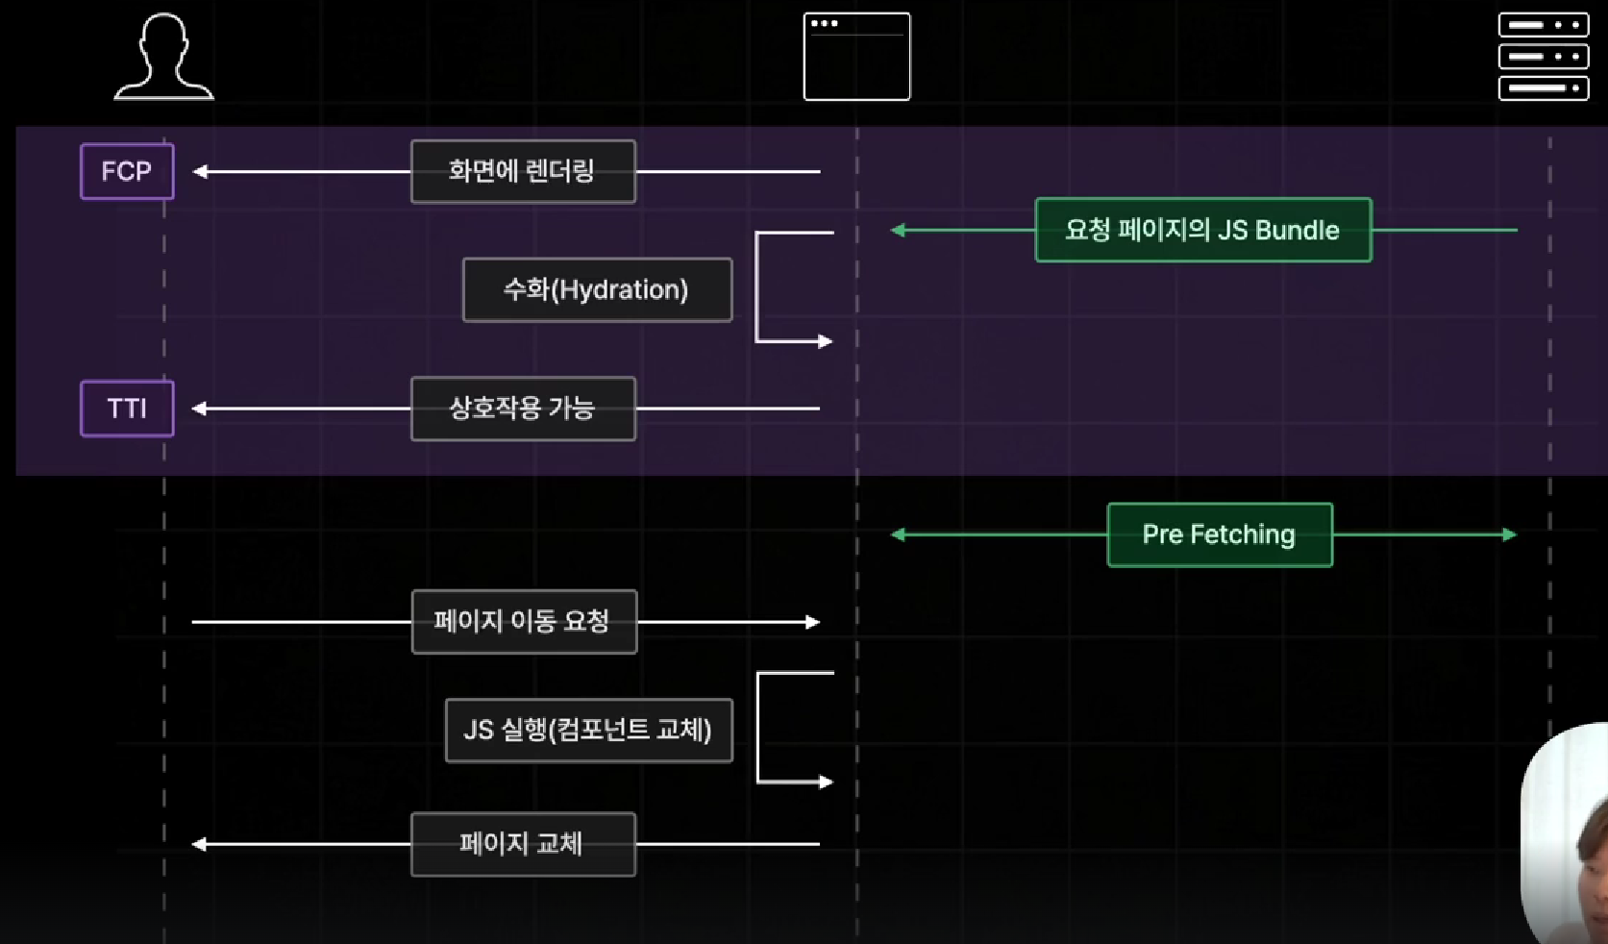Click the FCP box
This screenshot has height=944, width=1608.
click(127, 171)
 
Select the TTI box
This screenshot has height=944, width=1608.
click(127, 409)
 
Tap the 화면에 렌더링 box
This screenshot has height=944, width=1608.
click(523, 171)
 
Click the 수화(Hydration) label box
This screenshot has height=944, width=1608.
click(597, 289)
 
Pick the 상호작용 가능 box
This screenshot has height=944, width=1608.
click(523, 409)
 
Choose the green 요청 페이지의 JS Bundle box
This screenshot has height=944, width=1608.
click(1202, 230)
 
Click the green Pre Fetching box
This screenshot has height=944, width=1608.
click(1219, 534)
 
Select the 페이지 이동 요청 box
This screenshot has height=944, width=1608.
click(524, 622)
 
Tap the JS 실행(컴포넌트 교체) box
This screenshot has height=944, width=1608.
click(588, 731)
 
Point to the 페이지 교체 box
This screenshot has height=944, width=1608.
click(523, 844)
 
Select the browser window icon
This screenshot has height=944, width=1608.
click(856, 57)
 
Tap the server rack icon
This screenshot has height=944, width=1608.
click(1543, 57)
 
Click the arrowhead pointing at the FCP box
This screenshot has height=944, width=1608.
click(200, 172)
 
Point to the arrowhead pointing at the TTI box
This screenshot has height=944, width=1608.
click(199, 409)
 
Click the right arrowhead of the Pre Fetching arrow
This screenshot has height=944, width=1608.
click(1510, 534)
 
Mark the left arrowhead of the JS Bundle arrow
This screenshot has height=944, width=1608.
click(898, 230)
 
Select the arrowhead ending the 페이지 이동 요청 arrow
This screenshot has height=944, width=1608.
click(813, 622)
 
